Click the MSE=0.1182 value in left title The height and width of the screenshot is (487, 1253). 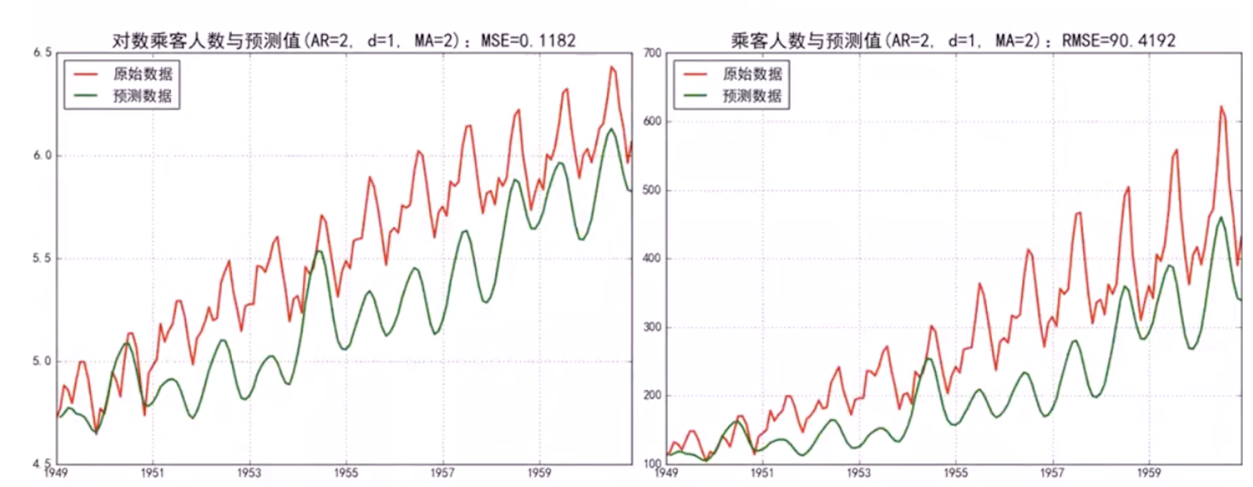click(x=528, y=41)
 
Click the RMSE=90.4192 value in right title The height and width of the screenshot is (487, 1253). click(x=1118, y=41)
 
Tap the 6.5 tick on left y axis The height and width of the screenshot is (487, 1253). click(x=42, y=53)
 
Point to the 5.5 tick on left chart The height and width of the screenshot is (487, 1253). click(x=42, y=259)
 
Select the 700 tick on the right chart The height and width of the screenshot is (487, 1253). click(x=653, y=53)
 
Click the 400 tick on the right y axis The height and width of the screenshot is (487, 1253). click(x=653, y=259)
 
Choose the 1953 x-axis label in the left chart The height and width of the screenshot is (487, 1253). click(x=249, y=473)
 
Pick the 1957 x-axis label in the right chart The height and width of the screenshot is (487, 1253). click(x=1052, y=473)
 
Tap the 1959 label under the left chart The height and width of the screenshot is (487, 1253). click(x=539, y=473)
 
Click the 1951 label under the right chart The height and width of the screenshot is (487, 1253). click(x=762, y=473)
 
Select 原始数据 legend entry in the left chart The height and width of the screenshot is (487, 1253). click(x=142, y=74)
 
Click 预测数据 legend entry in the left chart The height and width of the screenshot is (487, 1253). click(x=142, y=96)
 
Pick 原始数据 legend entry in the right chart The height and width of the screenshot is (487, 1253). click(x=752, y=74)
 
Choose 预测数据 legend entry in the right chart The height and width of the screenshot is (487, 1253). click(x=752, y=96)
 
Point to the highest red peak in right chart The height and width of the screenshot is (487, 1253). click(x=1222, y=107)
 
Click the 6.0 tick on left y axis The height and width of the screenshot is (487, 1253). click(x=42, y=155)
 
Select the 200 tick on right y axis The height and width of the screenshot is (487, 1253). click(x=653, y=396)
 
